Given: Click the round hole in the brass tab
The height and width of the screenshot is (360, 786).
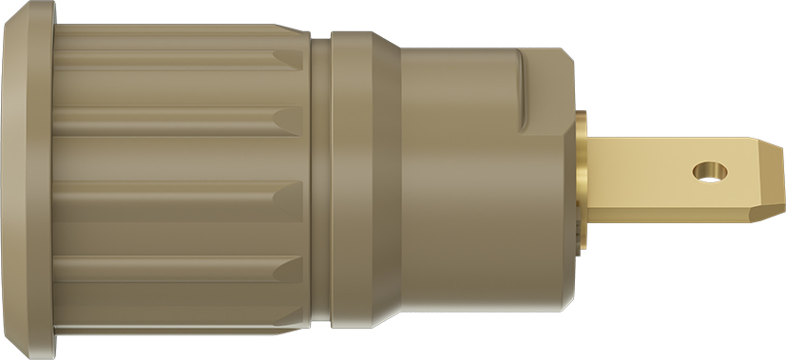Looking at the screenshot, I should [x=708, y=172].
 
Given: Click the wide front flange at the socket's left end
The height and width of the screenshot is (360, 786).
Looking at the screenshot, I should [x=29, y=180].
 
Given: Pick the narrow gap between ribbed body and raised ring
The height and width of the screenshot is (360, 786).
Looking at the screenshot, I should [x=320, y=180].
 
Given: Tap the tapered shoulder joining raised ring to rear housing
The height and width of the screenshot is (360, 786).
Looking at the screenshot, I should [x=385, y=180].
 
